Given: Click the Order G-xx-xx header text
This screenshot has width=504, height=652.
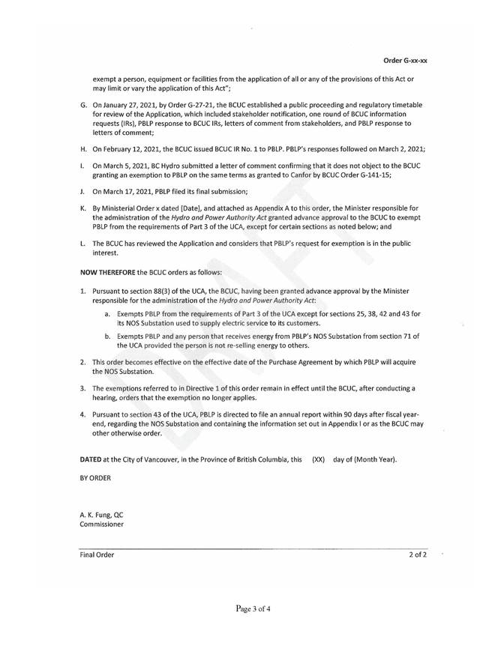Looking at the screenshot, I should pyautogui.click(x=405, y=58).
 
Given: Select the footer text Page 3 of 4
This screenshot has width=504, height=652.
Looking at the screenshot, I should pyautogui.click(x=252, y=609).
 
